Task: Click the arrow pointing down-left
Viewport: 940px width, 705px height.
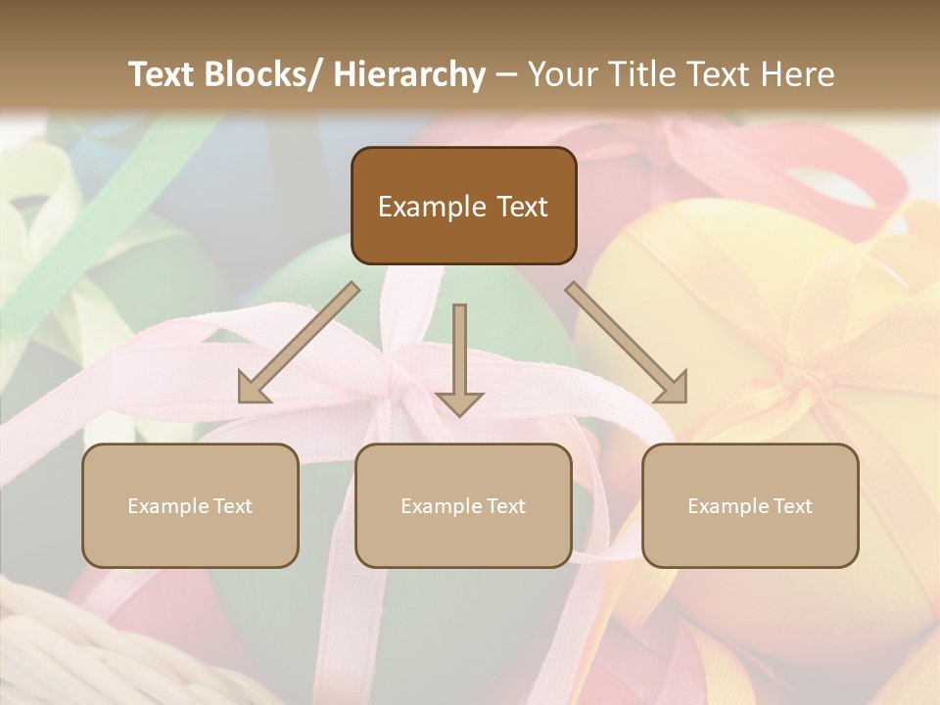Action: point(298,343)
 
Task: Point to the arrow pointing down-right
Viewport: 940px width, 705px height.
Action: point(628,343)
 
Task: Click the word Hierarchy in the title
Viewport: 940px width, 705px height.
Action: point(410,74)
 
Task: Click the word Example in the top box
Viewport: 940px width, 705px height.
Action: point(432,207)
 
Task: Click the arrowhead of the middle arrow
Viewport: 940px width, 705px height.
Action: point(459,401)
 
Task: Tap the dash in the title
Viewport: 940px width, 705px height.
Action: point(506,74)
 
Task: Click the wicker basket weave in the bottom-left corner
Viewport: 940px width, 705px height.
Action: point(59,656)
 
